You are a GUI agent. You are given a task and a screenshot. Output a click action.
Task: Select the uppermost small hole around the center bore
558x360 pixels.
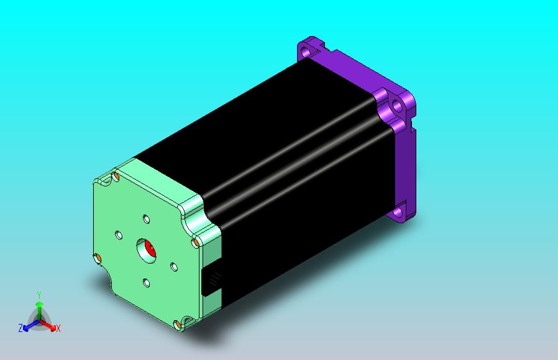click(x=146, y=219)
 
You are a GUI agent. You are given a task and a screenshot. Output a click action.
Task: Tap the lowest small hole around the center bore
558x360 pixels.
click(x=146, y=283)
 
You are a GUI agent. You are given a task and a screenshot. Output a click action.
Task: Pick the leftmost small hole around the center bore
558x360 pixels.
click(x=119, y=235)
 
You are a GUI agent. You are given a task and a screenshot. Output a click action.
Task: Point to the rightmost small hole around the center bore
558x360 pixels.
click(x=174, y=267)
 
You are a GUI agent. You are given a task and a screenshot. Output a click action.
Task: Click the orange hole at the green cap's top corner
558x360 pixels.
click(x=116, y=176)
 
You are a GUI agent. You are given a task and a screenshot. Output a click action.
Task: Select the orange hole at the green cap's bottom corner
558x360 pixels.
click(x=177, y=325)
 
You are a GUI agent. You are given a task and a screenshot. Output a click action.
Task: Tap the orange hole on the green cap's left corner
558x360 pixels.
click(x=97, y=258)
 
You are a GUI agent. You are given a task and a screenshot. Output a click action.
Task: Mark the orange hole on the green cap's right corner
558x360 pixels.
click(x=195, y=243)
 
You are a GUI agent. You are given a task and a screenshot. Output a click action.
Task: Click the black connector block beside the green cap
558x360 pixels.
click(x=211, y=280)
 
